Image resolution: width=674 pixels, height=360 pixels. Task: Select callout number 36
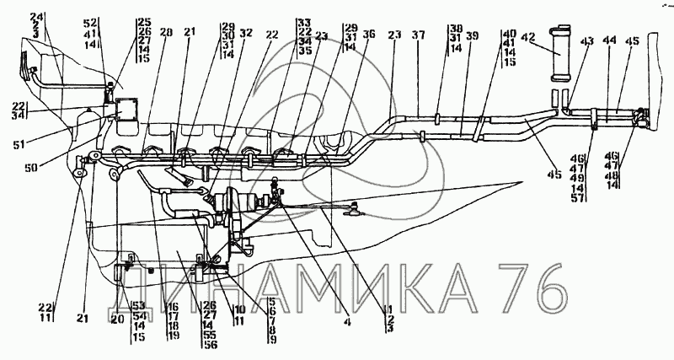tap(368, 35)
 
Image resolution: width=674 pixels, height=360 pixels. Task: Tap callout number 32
tap(245, 35)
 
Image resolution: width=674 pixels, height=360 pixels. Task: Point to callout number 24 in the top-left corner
tap(36, 17)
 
